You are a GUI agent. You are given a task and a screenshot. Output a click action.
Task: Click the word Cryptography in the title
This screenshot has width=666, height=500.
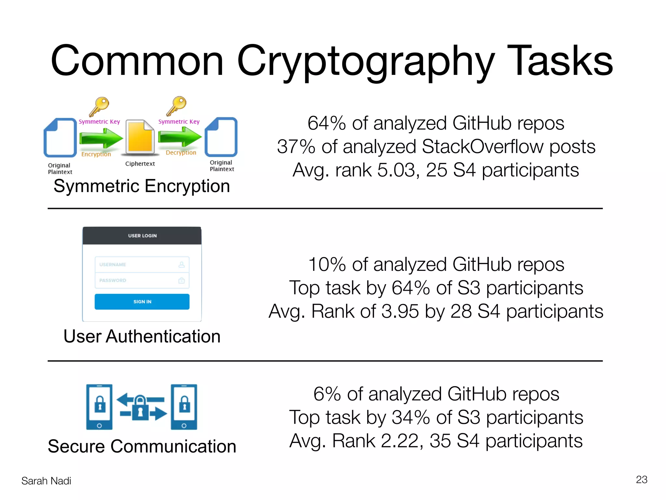366,62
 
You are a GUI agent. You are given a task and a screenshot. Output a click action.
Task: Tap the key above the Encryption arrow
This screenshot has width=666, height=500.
99,106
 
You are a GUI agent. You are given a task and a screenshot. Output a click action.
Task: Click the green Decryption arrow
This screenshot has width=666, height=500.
180,137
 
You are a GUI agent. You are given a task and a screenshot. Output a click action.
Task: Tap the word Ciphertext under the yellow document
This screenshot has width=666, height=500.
140,164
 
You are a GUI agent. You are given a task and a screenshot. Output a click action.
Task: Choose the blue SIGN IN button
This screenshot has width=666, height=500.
142,302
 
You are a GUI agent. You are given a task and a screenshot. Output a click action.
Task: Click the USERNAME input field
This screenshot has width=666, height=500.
142,265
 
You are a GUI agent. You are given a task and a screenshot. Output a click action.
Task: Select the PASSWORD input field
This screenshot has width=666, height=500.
142,281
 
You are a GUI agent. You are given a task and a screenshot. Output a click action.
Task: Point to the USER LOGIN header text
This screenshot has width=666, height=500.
142,236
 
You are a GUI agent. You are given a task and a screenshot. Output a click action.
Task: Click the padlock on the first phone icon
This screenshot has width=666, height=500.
100,404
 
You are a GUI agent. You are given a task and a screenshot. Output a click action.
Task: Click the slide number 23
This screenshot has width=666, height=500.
641,480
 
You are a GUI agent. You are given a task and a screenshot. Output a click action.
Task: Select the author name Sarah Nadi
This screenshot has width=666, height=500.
46,481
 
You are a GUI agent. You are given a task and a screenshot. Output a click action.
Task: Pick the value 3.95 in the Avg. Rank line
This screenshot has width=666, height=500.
400,312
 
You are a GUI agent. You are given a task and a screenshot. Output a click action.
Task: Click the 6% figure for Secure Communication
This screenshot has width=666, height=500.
327,394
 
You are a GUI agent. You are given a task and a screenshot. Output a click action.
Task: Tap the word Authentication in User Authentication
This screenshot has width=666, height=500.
163,337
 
